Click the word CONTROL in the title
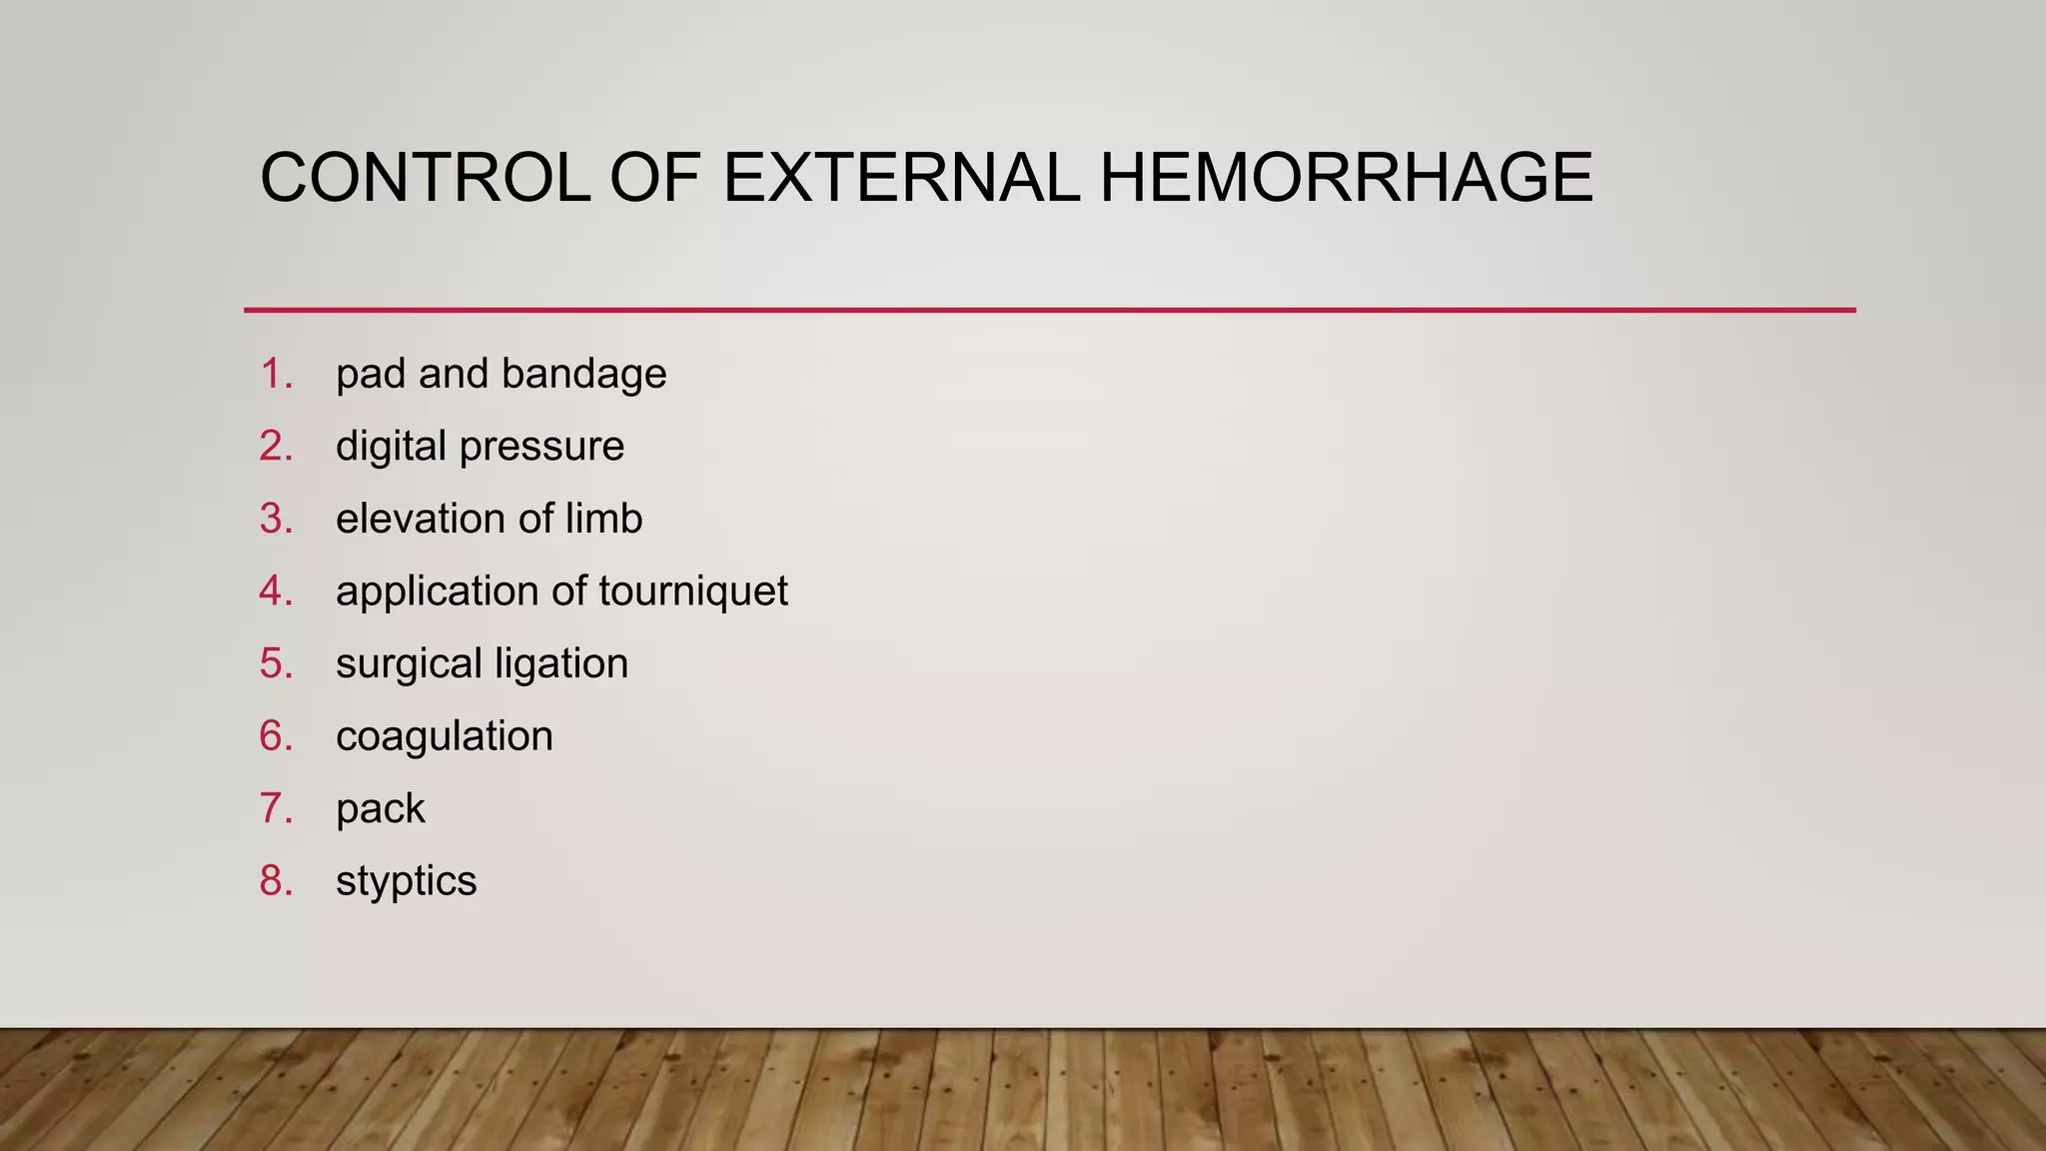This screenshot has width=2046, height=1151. tap(425, 179)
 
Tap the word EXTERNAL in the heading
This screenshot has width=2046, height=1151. tap(900, 179)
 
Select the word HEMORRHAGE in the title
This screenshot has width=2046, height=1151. tap(1346, 179)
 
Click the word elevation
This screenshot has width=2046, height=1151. tap(420, 520)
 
